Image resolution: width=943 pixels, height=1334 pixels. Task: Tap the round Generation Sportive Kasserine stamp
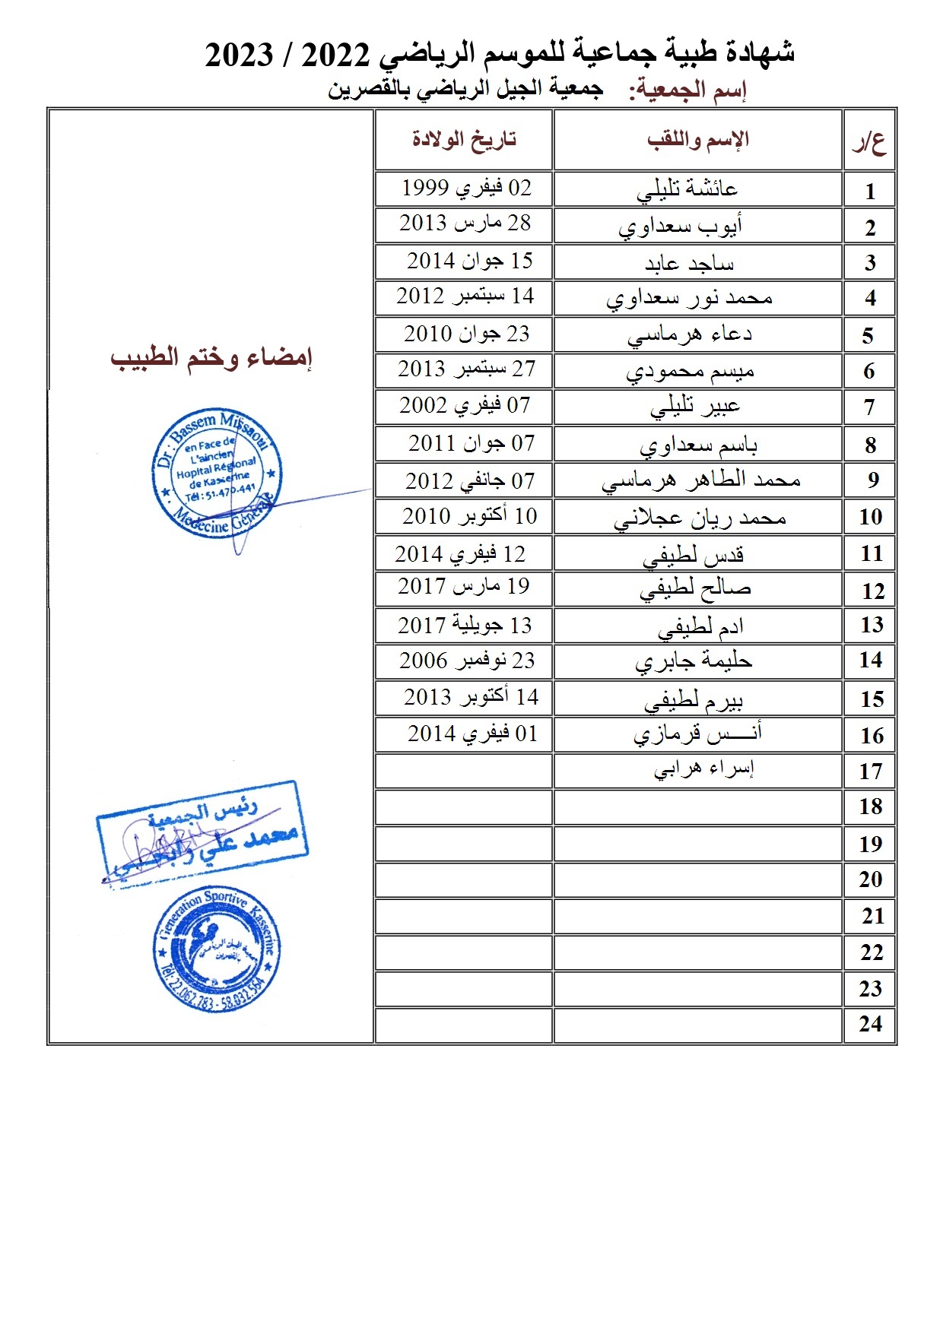tap(217, 949)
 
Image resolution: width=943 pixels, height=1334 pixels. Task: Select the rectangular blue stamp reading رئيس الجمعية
tap(202, 832)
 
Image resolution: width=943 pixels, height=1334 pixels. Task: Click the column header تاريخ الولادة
tap(464, 139)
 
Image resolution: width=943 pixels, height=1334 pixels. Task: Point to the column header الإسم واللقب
tap(698, 139)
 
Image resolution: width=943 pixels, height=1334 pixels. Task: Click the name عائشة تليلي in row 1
tap(687, 189)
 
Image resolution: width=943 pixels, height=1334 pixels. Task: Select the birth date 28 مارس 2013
tap(465, 223)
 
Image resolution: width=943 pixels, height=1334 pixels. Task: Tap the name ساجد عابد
tap(689, 263)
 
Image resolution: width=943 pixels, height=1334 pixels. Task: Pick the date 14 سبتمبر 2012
tap(465, 296)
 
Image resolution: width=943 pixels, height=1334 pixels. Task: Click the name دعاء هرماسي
tap(689, 334)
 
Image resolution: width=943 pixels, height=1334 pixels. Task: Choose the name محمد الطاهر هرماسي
tap(700, 480)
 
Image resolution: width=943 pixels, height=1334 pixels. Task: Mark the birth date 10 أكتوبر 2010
tap(469, 516)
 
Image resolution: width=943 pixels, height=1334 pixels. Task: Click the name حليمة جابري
tap(694, 661)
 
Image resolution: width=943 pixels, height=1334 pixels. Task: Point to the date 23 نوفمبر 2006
tap(467, 661)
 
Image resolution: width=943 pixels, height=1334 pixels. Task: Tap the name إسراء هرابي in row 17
tap(703, 769)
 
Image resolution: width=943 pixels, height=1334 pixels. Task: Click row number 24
tap(871, 1025)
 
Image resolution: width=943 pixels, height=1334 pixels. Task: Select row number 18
tap(871, 806)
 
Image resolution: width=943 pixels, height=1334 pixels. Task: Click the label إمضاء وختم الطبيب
tap(211, 357)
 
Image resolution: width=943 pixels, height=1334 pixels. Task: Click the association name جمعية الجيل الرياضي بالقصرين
tap(465, 89)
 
